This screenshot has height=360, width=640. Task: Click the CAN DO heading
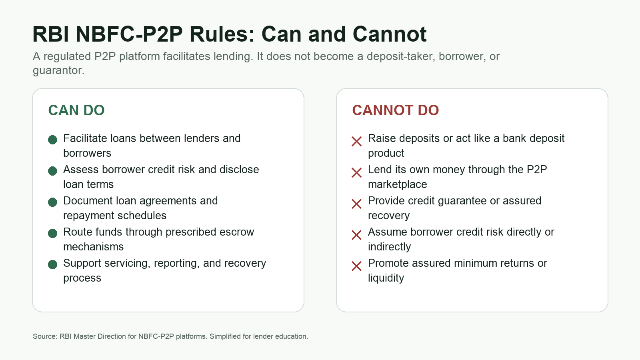(76, 110)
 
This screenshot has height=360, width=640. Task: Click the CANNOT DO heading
(396, 110)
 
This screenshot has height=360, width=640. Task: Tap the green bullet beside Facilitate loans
(52, 140)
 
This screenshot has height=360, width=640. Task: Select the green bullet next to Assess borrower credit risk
(52, 171)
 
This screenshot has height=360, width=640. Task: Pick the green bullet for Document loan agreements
(52, 202)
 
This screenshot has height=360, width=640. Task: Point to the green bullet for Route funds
(52, 233)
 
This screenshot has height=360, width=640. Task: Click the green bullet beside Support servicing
(52, 264)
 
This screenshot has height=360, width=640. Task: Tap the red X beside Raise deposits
(356, 142)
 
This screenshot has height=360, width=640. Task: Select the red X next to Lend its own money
(356, 172)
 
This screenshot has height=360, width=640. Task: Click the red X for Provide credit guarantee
(356, 204)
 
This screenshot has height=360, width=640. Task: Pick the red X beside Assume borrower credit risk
(356, 235)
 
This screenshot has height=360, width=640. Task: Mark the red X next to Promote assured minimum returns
(356, 266)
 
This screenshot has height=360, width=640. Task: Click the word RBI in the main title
(50, 34)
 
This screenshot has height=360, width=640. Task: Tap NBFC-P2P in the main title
(129, 34)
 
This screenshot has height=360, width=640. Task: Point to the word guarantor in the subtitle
(58, 70)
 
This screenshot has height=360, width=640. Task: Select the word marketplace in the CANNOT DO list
(398, 184)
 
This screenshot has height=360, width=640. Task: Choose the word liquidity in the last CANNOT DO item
(386, 278)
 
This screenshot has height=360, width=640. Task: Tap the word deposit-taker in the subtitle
(401, 56)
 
